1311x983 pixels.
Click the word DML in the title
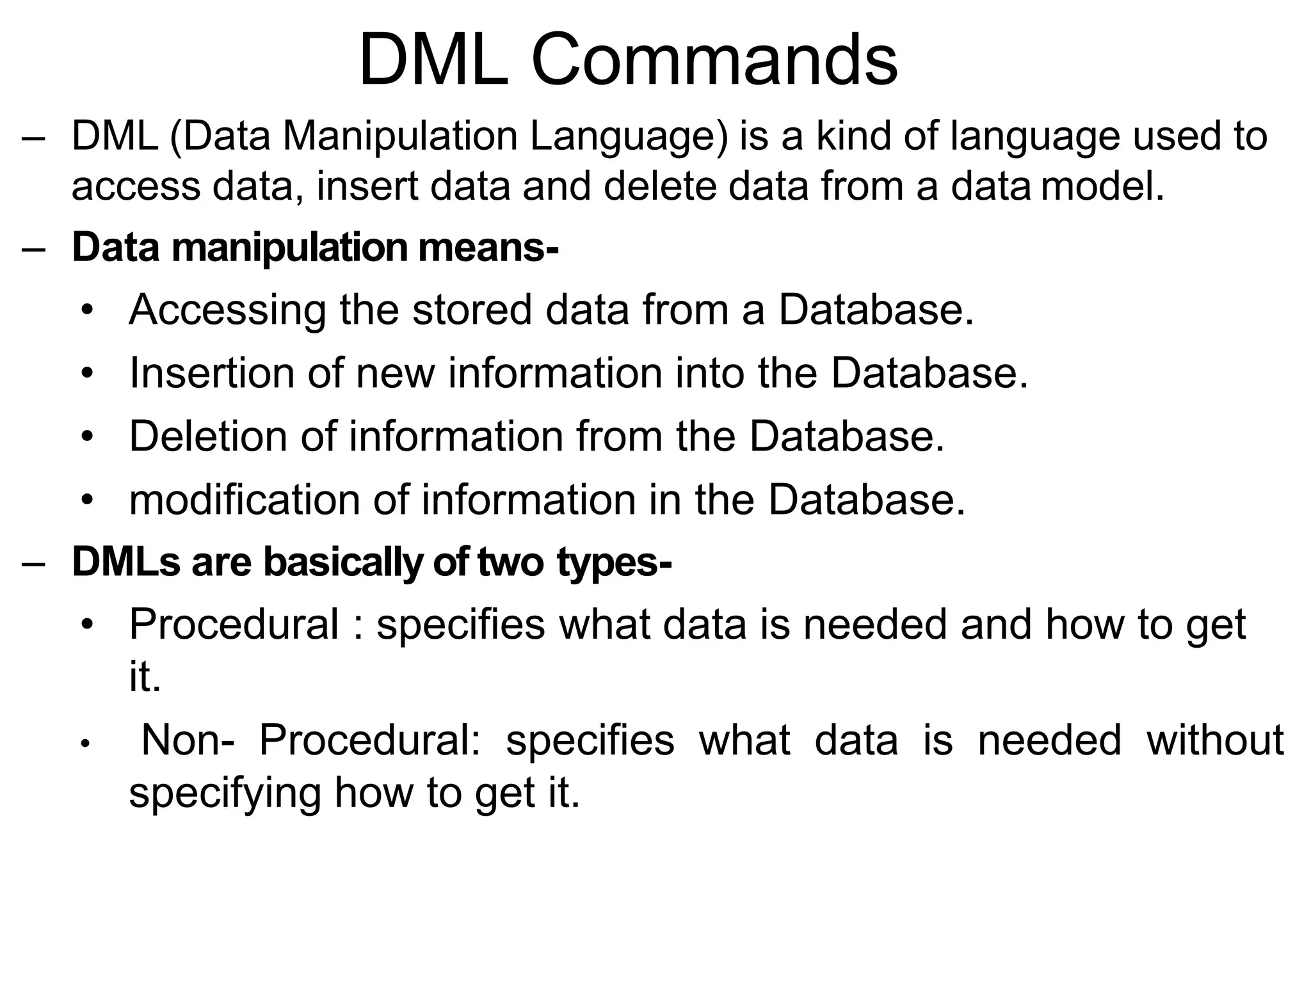point(434,61)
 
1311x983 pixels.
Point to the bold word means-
point(488,248)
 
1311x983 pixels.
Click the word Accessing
point(227,310)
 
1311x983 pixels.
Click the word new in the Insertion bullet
point(395,373)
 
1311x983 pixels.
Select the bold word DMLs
point(126,562)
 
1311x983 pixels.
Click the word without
point(1215,740)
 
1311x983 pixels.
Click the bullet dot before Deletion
point(88,437)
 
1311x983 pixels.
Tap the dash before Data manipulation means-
point(33,249)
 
